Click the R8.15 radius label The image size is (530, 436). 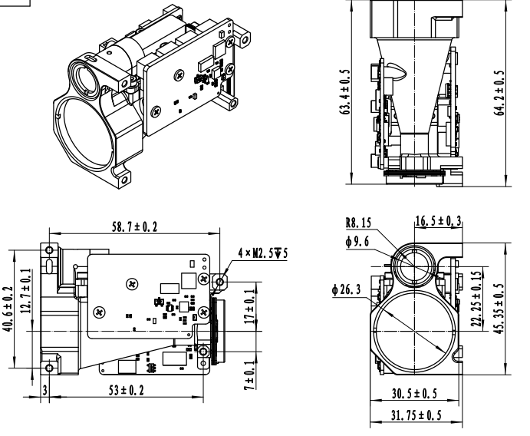pyautogui.click(x=358, y=223)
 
